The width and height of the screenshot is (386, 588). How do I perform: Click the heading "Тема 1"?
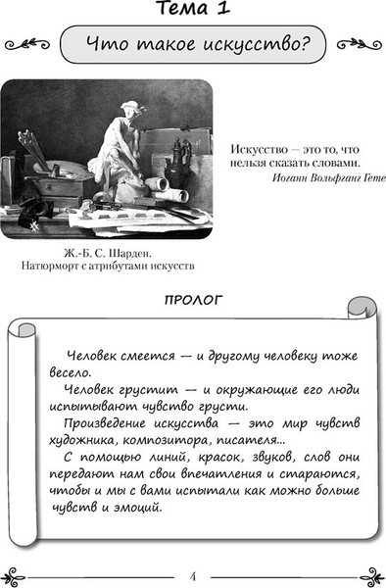point(193,11)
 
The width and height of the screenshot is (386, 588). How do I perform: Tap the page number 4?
point(193,574)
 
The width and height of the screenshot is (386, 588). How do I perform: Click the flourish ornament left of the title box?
point(26,44)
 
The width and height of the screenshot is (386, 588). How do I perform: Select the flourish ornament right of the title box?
point(358,44)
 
